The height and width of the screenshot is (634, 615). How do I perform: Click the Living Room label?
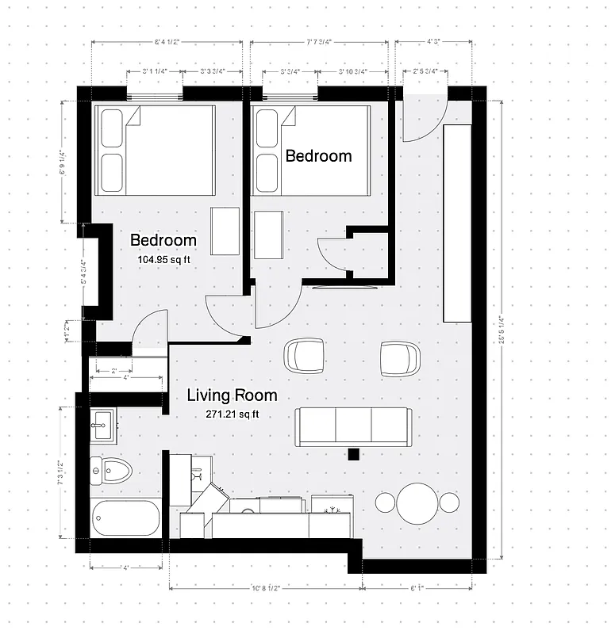click(232, 395)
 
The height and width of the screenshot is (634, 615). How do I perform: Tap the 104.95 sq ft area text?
click(163, 258)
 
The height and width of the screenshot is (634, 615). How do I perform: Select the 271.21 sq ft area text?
click(233, 414)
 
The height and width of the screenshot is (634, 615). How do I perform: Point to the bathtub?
click(125, 518)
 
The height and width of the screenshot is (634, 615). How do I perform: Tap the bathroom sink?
click(103, 425)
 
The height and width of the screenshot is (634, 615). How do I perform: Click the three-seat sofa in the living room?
click(353, 426)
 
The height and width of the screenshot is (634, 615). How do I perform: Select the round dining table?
click(417, 502)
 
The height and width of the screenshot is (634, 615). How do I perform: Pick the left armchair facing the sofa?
click(304, 356)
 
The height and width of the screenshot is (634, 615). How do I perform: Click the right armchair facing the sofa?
click(398, 358)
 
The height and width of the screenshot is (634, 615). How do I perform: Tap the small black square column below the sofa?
click(353, 454)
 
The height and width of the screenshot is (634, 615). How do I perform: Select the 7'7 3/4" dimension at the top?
click(321, 42)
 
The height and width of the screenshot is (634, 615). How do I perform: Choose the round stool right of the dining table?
click(449, 502)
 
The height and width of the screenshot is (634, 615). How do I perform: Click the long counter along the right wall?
click(458, 222)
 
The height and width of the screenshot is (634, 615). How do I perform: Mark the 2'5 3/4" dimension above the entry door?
click(425, 72)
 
